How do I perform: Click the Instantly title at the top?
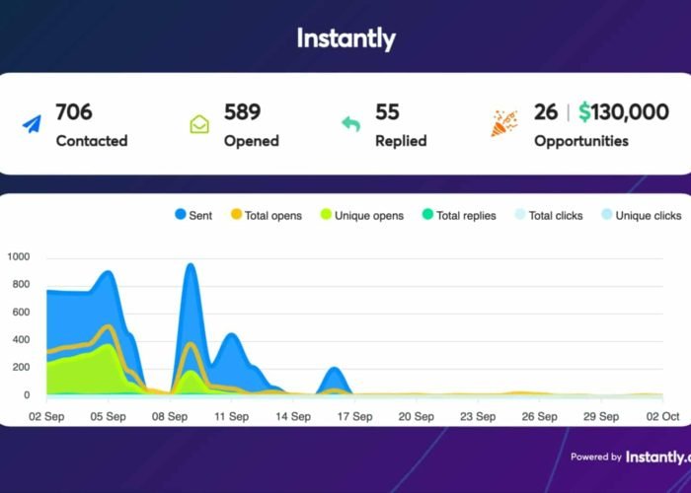[x=345, y=39]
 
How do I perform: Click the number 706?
[x=74, y=112]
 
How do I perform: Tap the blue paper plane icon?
[x=32, y=125]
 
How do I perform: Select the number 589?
[x=244, y=112]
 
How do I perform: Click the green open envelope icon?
[x=199, y=125]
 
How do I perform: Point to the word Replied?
[x=401, y=141]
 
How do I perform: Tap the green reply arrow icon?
[x=351, y=125]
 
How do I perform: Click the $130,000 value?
[x=624, y=112]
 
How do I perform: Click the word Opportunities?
[x=581, y=141]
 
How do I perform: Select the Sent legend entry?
[x=194, y=215]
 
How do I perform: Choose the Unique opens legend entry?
[x=359, y=215]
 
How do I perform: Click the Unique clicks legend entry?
[x=642, y=215]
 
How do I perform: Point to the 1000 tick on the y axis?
[x=19, y=257]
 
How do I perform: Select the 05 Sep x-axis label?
[x=108, y=417]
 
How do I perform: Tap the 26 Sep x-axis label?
[x=540, y=417]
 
